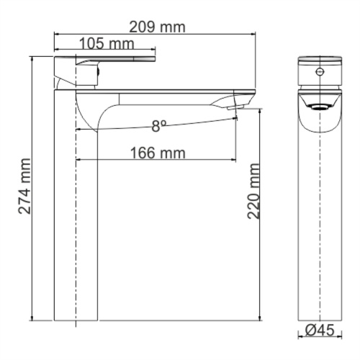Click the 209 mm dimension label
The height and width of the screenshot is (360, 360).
click(157, 27)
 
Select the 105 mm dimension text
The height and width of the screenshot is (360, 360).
click(107, 44)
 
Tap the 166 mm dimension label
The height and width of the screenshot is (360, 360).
click(158, 153)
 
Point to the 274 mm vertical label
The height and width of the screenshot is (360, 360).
click(24, 186)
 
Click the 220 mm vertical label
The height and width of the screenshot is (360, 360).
click(253, 191)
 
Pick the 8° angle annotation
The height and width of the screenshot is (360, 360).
click(159, 126)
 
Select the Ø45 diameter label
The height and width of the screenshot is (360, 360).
click(320, 330)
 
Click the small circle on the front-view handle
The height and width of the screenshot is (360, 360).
click(320, 71)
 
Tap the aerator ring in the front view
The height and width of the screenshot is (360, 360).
click(320, 107)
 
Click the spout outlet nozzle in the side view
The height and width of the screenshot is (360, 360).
click(235, 107)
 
